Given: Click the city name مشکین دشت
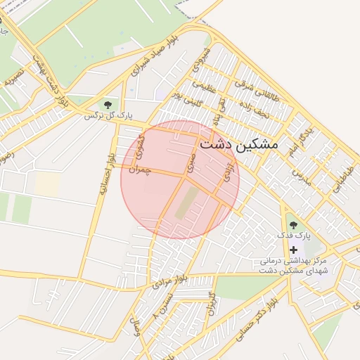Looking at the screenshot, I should [239, 144].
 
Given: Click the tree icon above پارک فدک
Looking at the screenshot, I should [292, 225].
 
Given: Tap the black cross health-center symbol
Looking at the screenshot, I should [293, 250].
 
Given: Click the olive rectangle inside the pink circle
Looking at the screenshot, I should [186, 202].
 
